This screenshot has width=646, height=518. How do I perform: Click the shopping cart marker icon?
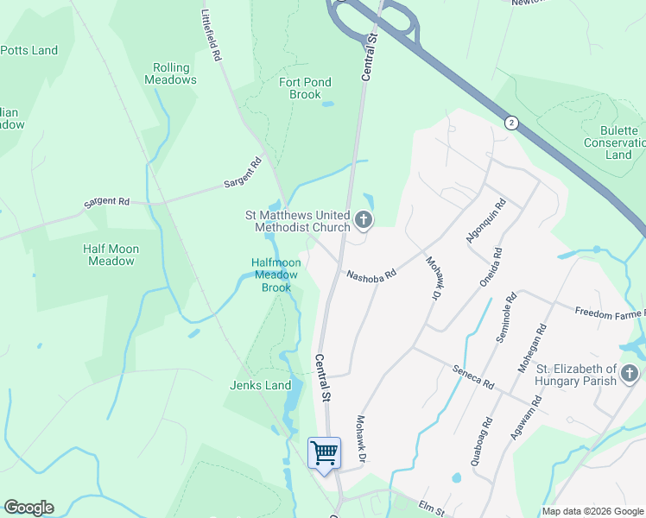324,452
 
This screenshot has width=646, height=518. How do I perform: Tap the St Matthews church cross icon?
364,221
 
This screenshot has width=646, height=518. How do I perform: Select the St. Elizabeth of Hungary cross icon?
630,375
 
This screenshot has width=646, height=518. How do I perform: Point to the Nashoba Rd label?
370,275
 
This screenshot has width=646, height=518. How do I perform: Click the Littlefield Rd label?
210,35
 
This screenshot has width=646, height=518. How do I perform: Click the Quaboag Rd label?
482,442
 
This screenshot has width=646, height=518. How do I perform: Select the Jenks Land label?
261,385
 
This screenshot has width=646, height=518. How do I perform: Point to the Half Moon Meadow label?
111,255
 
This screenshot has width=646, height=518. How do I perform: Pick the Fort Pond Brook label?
305,88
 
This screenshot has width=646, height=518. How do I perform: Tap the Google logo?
28,508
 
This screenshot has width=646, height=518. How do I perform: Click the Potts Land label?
28,50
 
